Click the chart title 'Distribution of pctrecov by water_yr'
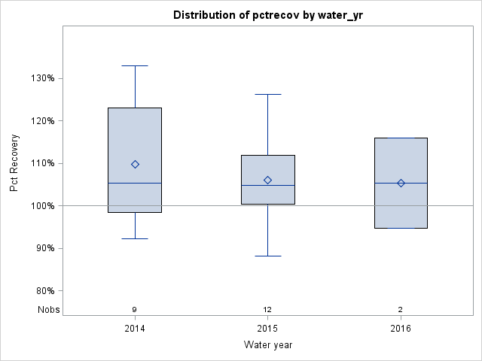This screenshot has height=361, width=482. click(267, 15)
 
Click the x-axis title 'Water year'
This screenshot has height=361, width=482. click(267, 345)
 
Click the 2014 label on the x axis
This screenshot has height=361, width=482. click(135, 329)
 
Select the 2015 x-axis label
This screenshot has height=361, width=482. click(267, 329)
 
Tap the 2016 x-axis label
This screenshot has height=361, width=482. click(401, 329)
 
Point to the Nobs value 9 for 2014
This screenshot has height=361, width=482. click(135, 309)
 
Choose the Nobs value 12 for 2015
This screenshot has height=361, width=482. click(267, 309)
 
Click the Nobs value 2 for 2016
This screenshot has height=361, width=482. click(401, 309)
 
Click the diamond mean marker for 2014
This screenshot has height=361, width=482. click(135, 164)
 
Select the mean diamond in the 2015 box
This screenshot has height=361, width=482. click(267, 180)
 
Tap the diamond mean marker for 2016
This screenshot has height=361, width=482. click(401, 183)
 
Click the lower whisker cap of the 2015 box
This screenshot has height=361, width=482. click(267, 256)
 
